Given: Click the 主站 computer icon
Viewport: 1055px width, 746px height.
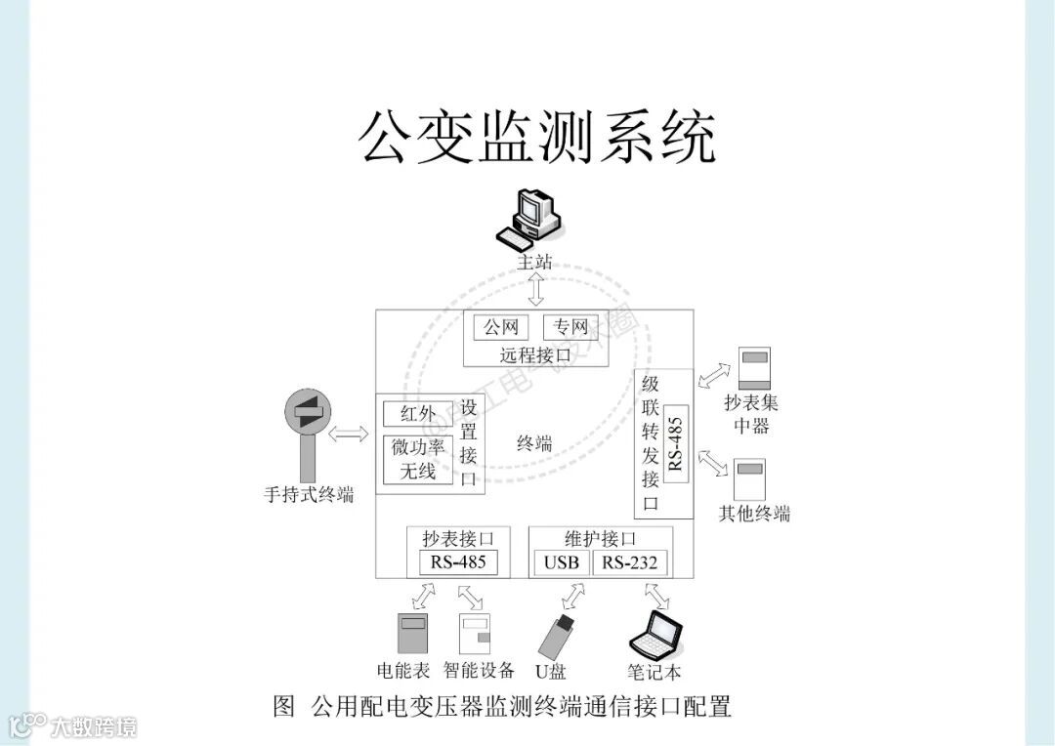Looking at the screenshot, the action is tap(531, 218).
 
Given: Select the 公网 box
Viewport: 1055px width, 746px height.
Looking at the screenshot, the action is tap(501, 327).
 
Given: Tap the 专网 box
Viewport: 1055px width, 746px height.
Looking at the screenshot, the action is tap(570, 327).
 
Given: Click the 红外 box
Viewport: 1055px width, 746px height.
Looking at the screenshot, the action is tap(418, 413).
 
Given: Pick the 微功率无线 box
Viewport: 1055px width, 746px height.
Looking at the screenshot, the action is tap(418, 459).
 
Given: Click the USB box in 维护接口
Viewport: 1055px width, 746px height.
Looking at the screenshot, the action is tap(562, 562).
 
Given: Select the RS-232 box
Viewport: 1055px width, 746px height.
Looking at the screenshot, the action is tap(630, 562).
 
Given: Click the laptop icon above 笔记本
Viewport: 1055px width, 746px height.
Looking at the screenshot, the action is tap(654, 637).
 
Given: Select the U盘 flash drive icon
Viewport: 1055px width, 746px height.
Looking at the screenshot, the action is tap(555, 636).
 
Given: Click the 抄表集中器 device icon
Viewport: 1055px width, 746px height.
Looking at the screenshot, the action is tap(754, 368).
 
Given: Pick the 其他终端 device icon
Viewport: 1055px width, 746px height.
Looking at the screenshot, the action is tap(750, 479).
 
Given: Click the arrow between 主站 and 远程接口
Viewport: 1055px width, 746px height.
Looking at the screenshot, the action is tap(536, 290).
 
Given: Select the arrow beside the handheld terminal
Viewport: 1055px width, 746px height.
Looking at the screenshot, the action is tap(349, 433).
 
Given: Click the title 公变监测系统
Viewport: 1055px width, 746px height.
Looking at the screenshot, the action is tap(536, 136).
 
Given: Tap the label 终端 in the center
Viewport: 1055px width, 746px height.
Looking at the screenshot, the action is tap(534, 444).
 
